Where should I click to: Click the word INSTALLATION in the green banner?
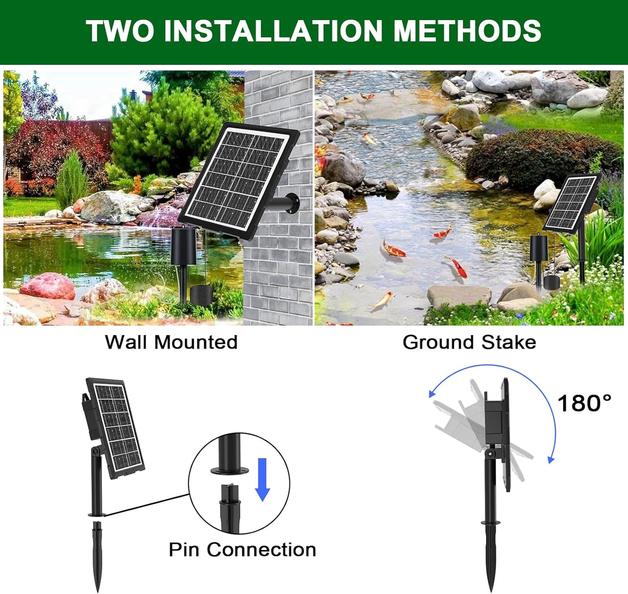coord(273,31)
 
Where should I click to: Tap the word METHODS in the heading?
coord(467,31)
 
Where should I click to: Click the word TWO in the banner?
coord(120,31)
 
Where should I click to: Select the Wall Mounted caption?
coord(171,342)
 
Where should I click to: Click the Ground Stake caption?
coord(469,342)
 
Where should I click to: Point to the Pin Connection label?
coord(242,550)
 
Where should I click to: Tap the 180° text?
coord(584,403)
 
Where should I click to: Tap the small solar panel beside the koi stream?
coord(572,203)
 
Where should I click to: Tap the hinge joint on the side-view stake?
coord(491,454)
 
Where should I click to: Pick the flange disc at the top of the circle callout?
coord(230,470)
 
